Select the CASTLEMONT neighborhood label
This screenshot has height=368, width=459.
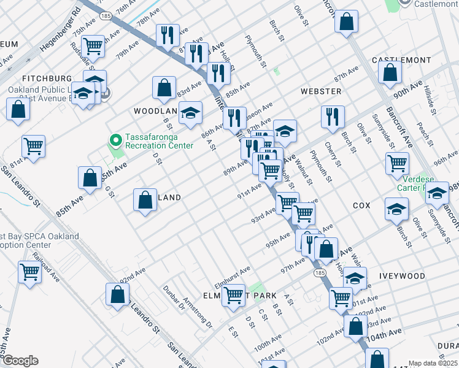(401, 60)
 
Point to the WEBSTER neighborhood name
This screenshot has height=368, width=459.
(321, 91)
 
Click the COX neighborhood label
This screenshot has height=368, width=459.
(361, 206)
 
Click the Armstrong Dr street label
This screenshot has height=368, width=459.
(198, 311)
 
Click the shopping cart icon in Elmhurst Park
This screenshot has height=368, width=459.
(233, 295)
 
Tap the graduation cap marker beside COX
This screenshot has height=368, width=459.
(396, 209)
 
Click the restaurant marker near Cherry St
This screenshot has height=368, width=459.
(333, 117)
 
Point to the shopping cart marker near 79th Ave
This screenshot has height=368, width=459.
(93, 45)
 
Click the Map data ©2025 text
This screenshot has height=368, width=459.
(432, 363)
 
